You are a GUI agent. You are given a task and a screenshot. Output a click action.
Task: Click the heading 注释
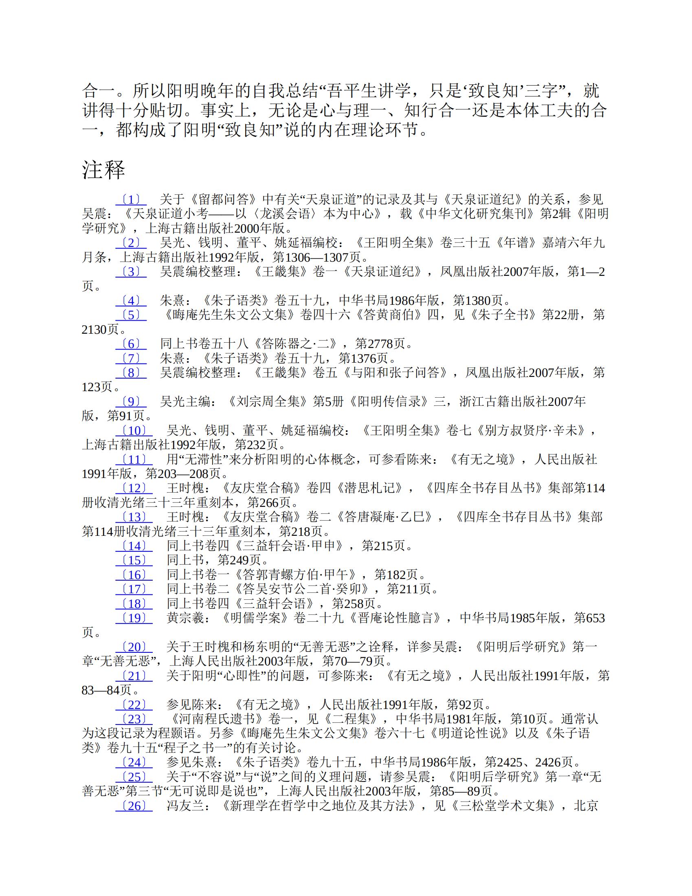click(103, 170)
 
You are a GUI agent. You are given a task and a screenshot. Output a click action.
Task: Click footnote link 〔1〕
click(131, 200)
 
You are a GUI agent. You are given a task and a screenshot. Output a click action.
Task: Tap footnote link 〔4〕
click(131, 301)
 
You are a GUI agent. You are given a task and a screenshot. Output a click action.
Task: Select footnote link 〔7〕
click(131, 359)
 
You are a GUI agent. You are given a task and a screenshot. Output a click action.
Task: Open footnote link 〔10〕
click(134, 431)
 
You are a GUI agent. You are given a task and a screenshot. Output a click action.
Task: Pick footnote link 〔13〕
click(134, 517)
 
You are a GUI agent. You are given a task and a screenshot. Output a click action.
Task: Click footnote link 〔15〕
click(134, 560)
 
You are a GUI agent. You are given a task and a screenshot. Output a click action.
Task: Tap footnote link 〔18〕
click(134, 604)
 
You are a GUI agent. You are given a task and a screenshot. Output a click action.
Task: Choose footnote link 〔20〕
click(134, 647)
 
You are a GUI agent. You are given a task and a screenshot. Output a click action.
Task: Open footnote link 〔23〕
click(134, 719)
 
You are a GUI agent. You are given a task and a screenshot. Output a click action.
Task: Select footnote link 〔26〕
click(134, 806)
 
